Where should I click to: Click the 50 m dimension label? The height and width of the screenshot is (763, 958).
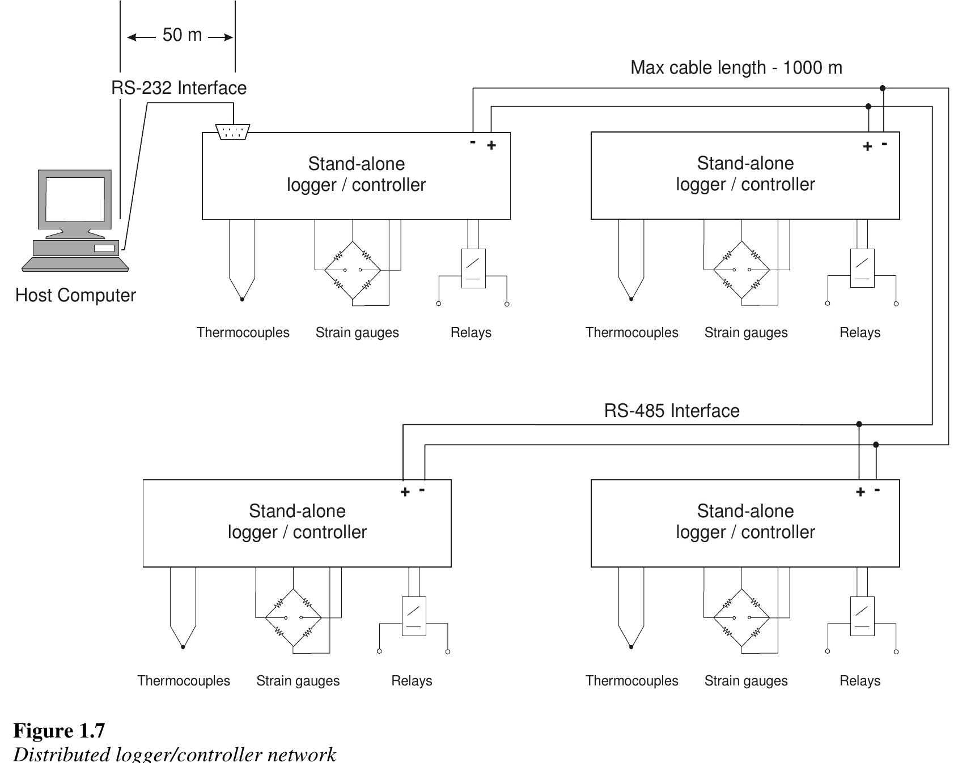[182, 35]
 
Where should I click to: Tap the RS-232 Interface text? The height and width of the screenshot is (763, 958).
[179, 88]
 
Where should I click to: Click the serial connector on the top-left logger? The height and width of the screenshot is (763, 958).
[233, 133]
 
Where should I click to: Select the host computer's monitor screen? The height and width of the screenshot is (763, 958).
[75, 199]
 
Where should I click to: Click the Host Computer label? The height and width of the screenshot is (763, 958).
[75, 295]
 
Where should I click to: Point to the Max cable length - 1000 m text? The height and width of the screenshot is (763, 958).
[736, 68]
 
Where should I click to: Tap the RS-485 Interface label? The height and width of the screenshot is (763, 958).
[672, 411]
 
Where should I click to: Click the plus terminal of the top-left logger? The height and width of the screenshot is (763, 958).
[491, 146]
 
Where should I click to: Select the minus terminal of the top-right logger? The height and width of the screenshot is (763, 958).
[884, 144]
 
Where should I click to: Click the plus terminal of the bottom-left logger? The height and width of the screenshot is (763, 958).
[405, 492]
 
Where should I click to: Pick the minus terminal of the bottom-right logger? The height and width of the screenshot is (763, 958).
[877, 490]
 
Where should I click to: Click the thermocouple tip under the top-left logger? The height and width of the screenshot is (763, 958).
[242, 299]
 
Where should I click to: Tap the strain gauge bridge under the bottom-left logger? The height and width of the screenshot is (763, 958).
[293, 617]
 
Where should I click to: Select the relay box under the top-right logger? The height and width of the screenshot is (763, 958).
[862, 268]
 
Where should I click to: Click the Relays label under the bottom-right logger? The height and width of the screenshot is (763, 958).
[859, 680]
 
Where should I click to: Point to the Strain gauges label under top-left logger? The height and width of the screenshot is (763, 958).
[357, 333]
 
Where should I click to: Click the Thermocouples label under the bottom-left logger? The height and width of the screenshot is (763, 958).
[184, 680]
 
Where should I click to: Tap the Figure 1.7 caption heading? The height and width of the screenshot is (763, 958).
[59, 731]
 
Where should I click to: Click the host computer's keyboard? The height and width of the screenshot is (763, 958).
[75, 265]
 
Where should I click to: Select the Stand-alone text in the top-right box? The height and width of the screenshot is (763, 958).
[745, 164]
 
